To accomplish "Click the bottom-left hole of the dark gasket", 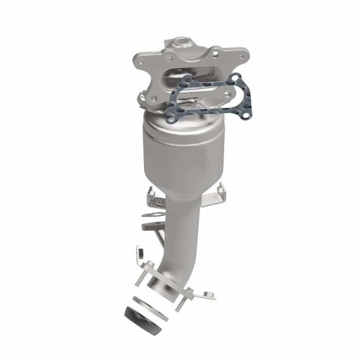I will pyautogui.click(x=171, y=118).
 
